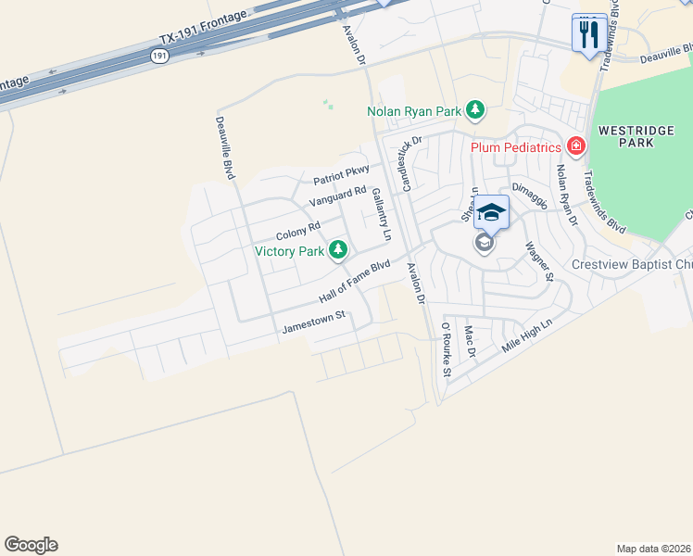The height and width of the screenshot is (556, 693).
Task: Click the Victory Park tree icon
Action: [339, 249]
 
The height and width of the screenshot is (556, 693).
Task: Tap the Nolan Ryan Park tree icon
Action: [475, 111]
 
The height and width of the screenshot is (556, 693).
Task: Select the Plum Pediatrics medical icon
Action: [575, 146]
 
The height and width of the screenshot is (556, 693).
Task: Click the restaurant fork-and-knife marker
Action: [589, 35]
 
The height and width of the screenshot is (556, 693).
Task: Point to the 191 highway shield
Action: [159, 57]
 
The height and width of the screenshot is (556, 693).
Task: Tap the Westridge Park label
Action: [625, 136]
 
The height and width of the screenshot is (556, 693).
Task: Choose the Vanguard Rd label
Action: [338, 196]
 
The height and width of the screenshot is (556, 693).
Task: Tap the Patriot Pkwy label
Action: [341, 174]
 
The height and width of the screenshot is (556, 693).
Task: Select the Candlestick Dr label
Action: [406, 165]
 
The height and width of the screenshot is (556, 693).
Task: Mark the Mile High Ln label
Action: [526, 335]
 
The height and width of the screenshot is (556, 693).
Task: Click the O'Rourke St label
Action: [445, 349]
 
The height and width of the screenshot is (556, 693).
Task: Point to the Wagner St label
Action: [539, 261]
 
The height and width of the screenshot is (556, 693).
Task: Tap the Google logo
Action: [31, 545]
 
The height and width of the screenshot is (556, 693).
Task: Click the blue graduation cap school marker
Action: [492, 213]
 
